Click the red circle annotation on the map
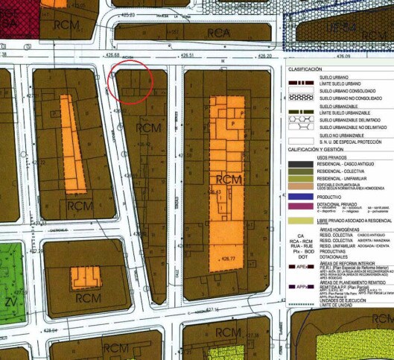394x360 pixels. [x=131, y=82]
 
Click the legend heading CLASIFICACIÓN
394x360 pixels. [x=305, y=69]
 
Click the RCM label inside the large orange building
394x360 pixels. [x=228, y=180]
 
